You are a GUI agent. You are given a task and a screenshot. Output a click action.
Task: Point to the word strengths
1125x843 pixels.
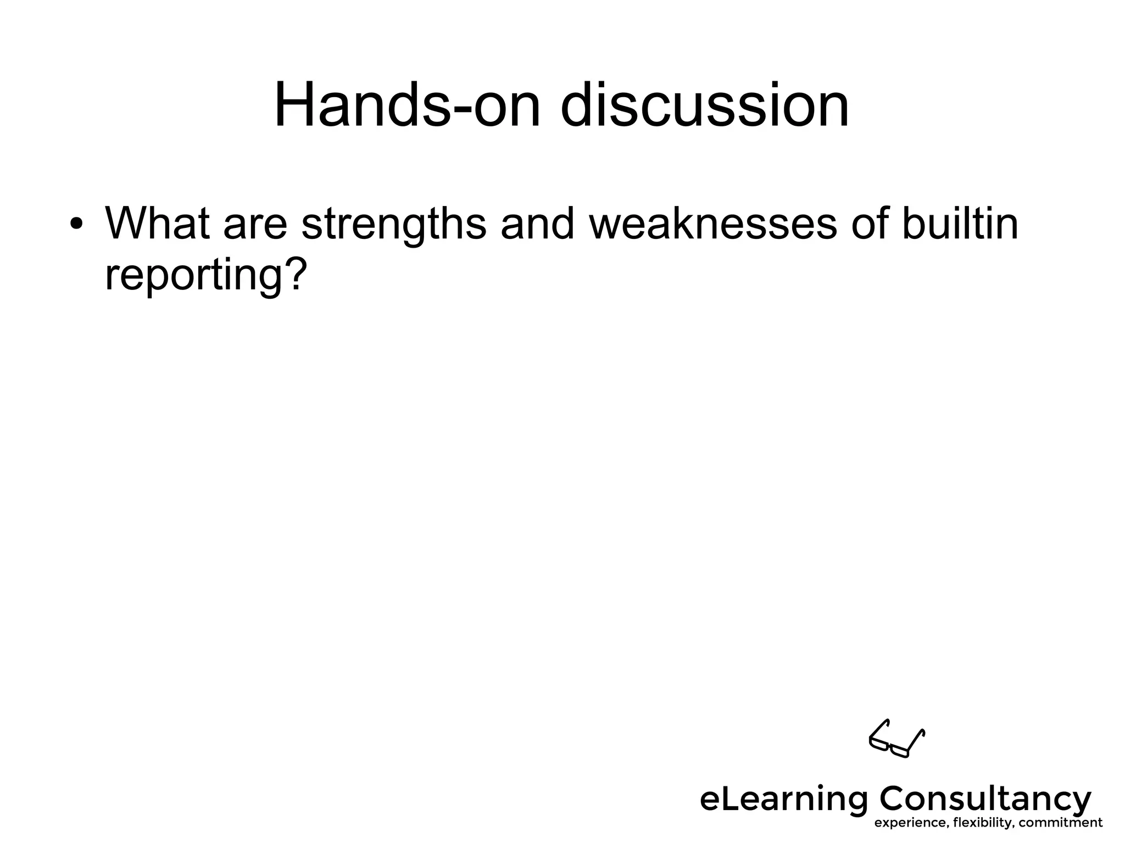(394, 224)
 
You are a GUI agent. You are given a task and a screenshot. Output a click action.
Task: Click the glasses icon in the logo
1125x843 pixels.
(896, 739)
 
